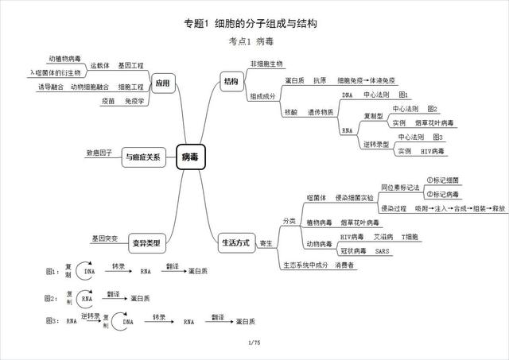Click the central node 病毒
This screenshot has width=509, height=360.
click(191, 157)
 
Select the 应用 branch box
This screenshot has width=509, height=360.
click(162, 83)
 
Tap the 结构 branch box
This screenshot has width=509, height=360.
click(231, 81)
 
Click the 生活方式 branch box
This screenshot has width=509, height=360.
click(235, 242)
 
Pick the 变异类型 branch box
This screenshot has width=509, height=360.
click(145, 242)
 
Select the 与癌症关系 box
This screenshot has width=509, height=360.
click(142, 157)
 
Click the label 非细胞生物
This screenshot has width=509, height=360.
click(266, 64)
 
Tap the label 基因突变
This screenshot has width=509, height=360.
click(104, 238)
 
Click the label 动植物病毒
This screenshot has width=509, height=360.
click(64, 58)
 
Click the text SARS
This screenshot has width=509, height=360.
click(382, 251)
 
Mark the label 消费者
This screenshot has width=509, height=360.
click(345, 265)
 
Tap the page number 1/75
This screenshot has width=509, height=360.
click(254, 343)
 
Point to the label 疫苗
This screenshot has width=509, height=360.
click(109, 101)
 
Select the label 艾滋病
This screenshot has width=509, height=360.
click(382, 237)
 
